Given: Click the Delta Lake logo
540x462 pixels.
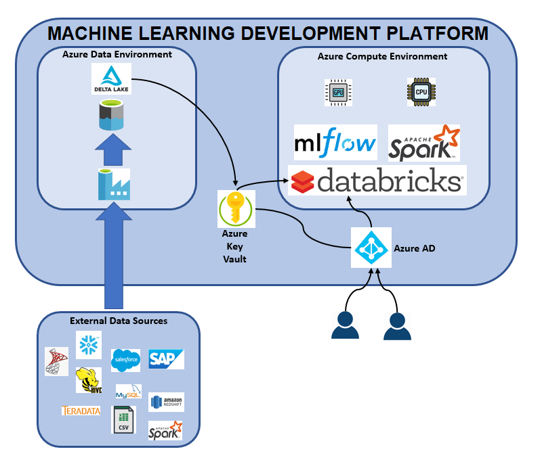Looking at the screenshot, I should pos(111,79).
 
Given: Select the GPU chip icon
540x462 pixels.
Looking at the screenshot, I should pos(338,92).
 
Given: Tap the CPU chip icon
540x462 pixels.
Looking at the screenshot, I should pos(420,92).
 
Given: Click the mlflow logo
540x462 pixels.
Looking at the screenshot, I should pos(335,143).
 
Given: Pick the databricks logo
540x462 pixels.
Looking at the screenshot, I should pos(377,181).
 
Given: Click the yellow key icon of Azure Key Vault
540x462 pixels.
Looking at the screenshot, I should pos(235,208).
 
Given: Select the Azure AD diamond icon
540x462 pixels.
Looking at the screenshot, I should pos(371,248).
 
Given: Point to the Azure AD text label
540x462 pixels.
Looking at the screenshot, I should pos(414,248).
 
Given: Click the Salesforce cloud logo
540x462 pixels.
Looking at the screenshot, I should pos(125,361).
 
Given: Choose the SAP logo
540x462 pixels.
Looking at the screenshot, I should pos(166,359).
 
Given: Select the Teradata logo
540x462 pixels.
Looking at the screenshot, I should pos(81,411).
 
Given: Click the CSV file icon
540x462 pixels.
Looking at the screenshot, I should pos(123,420).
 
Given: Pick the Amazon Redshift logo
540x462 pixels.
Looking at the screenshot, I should pos(166,402).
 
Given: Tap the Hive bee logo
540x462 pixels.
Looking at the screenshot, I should pos(88,380).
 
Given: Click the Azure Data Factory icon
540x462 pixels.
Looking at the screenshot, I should pos(111,184).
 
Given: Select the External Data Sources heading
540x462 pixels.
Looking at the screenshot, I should pos(119,321).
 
